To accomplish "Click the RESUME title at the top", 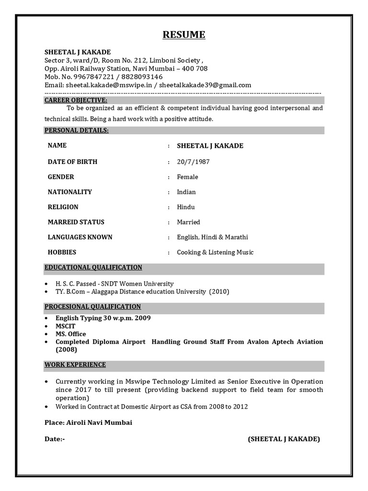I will click(x=184, y=35).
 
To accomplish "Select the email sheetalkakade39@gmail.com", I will click(x=205, y=85).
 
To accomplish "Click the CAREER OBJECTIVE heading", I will click(x=76, y=100).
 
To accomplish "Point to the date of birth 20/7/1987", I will click(x=193, y=162).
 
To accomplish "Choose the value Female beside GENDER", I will click(x=187, y=177).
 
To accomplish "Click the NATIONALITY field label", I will click(x=70, y=192).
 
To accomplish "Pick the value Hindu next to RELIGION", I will click(x=186, y=207).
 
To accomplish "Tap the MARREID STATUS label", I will click(x=76, y=222).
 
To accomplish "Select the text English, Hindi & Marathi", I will click(x=212, y=237).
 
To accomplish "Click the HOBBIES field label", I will click(x=62, y=252).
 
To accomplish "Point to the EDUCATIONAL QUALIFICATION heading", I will click(x=93, y=268).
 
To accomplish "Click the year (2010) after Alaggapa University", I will click(x=219, y=292).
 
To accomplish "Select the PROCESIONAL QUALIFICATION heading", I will click(x=92, y=307).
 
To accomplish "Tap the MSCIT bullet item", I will click(x=65, y=326).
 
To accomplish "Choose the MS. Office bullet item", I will click(x=71, y=334).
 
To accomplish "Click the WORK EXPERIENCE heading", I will click(x=75, y=365).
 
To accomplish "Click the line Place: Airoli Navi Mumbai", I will click(x=88, y=422).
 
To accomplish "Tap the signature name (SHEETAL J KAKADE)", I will click(x=284, y=439).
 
